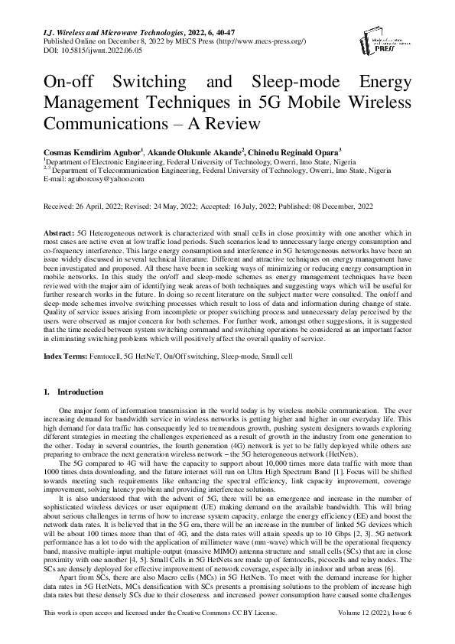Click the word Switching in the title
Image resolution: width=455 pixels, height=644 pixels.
[x=160, y=82]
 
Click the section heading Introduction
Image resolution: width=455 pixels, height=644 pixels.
[x=80, y=392]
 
